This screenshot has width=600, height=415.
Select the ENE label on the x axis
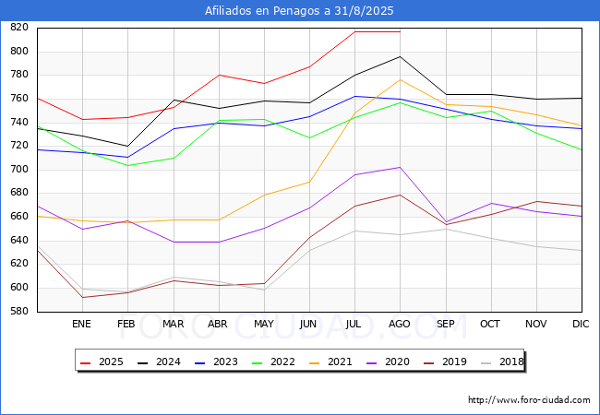[x=81, y=325]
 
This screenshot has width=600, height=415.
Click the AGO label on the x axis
[x=400, y=325]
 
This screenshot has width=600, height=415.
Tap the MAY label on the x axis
[x=263, y=325]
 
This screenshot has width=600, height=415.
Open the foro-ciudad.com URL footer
[x=529, y=400]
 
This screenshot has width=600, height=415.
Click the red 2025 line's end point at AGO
[x=400, y=31]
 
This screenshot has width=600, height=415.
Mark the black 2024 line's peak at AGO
[x=400, y=56]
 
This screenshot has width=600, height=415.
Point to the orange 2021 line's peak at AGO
[x=400, y=79]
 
